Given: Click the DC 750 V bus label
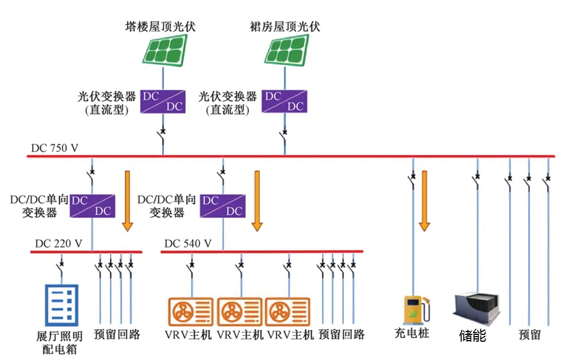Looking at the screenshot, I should click(x=55, y=148).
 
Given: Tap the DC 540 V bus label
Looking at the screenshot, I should click(x=188, y=244).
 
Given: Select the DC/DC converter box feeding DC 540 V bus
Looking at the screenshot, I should click(x=222, y=205).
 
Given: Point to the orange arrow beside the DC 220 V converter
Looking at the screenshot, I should click(x=127, y=201).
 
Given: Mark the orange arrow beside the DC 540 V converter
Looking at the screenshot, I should click(x=257, y=201).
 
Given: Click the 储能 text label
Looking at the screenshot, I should click(x=472, y=335).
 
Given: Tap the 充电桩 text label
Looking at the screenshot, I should click(x=412, y=334).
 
